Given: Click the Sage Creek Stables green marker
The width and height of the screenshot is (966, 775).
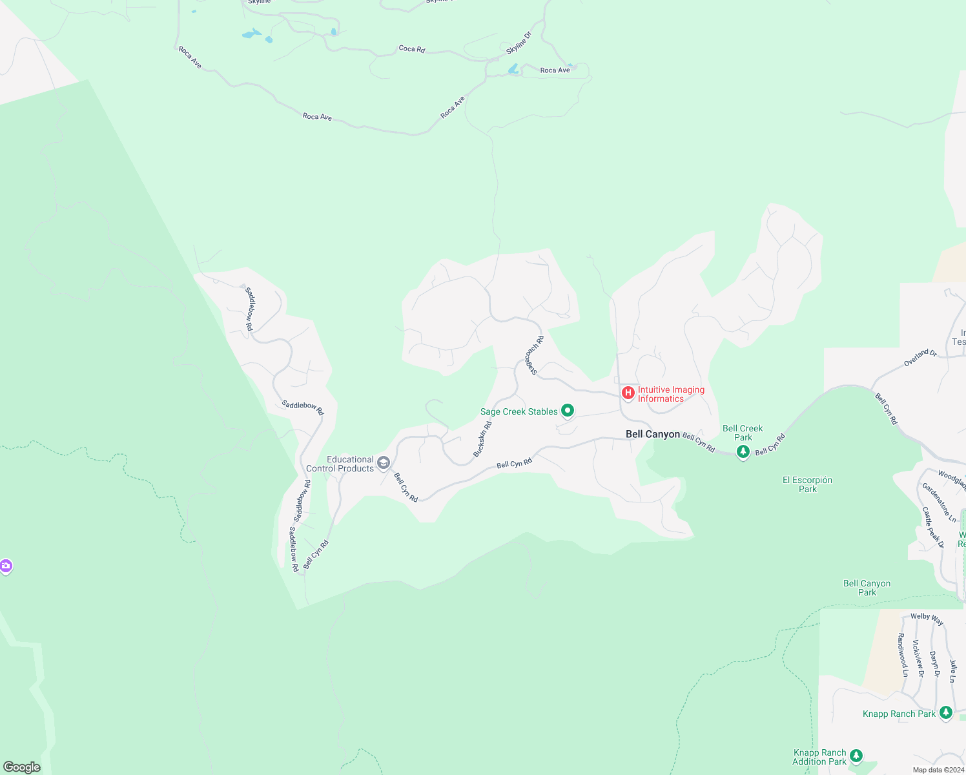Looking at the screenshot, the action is [568, 411].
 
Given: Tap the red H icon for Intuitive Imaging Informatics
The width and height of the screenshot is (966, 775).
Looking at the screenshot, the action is [628, 392].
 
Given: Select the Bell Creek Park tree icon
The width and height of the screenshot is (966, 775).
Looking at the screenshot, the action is [743, 451].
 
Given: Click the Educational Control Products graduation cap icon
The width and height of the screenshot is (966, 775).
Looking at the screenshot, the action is [384, 462].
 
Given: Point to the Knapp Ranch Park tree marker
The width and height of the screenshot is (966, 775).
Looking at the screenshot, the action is [946, 713].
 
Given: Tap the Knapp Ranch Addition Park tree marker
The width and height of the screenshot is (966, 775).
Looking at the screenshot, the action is [856, 756].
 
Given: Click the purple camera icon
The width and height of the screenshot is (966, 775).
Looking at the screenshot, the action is [6, 566].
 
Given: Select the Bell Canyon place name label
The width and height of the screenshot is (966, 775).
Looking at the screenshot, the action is [653, 434].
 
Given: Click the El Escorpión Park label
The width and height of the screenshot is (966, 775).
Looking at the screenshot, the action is [807, 484].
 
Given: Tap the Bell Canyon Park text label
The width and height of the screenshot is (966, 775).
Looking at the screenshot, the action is [867, 588].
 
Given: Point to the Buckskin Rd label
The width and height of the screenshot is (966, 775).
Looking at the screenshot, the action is [482, 439].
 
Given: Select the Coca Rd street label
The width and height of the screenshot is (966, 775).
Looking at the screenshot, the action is [412, 48].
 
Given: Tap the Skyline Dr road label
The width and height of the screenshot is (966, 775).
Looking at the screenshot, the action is [518, 43].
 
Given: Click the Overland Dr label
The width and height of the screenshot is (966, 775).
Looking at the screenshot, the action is [920, 357].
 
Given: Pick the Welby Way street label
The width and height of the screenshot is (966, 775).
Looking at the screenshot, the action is [927, 619].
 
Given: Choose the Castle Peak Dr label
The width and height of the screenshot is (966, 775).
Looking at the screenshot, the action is [933, 527].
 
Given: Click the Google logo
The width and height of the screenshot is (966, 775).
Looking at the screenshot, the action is [22, 767].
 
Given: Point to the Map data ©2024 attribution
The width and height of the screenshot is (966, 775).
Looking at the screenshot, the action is [938, 770].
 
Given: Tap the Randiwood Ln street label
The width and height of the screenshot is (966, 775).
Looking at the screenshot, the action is [902, 654].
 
